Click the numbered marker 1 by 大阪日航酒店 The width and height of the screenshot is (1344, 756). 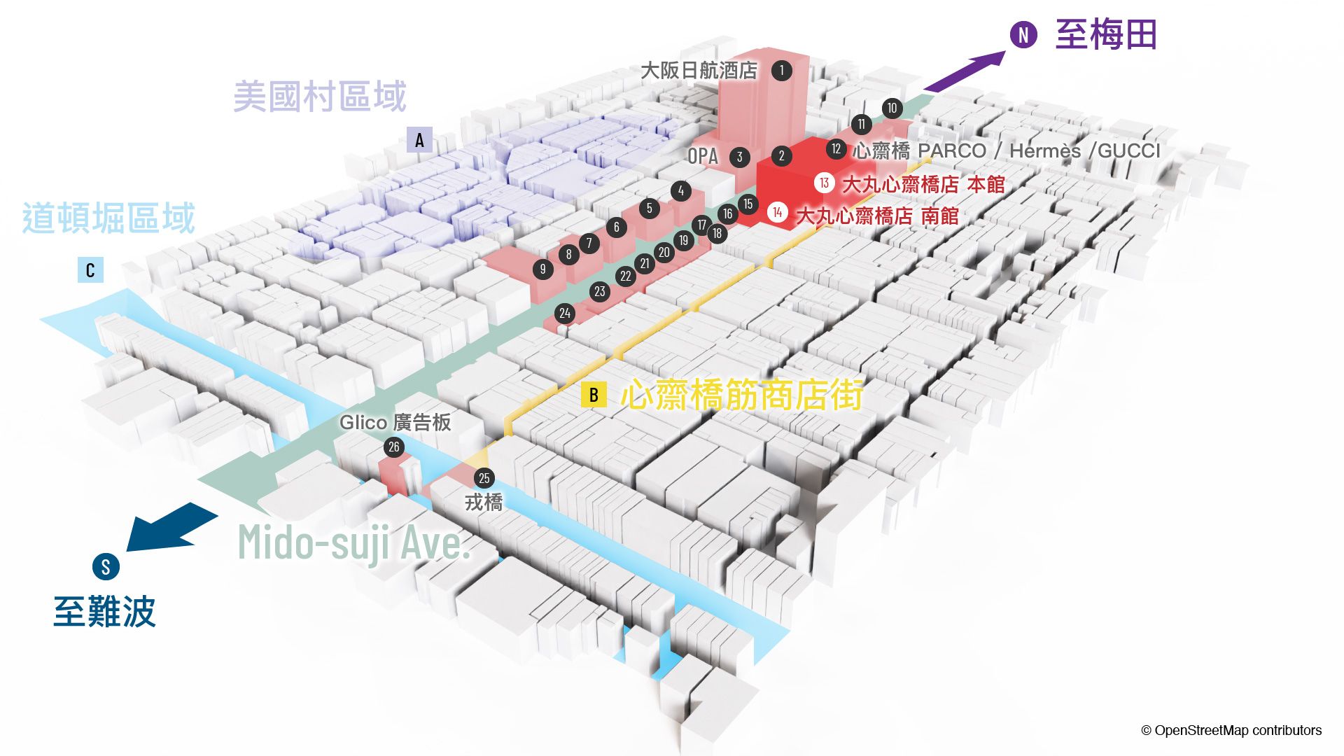click(782, 70)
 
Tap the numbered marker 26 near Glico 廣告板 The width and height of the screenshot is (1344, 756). click(394, 447)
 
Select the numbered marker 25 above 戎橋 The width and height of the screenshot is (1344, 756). click(484, 478)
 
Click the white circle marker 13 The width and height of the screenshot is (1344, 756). click(825, 183)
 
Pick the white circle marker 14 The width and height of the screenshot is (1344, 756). click(778, 212)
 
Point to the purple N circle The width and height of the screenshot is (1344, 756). click(1023, 34)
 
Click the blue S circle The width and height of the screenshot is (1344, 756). click(106, 566)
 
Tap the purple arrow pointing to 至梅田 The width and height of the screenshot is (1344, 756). click(965, 71)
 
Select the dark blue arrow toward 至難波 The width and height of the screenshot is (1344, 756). click(171, 526)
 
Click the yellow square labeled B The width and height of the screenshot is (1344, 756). click(594, 395)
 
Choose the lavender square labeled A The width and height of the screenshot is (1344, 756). click(419, 140)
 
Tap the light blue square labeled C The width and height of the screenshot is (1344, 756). click(90, 270)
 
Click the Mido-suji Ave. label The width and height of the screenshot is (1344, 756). click(354, 543)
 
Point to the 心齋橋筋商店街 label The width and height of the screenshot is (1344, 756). click(742, 395)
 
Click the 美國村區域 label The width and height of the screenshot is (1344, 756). click(320, 97)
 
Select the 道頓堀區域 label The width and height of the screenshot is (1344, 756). click(108, 218)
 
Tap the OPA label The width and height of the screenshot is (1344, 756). click(703, 156)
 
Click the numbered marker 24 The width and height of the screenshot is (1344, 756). click(565, 314)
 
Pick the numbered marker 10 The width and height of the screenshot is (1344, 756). click(892, 108)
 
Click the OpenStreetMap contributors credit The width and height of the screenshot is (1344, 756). click(1232, 730)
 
